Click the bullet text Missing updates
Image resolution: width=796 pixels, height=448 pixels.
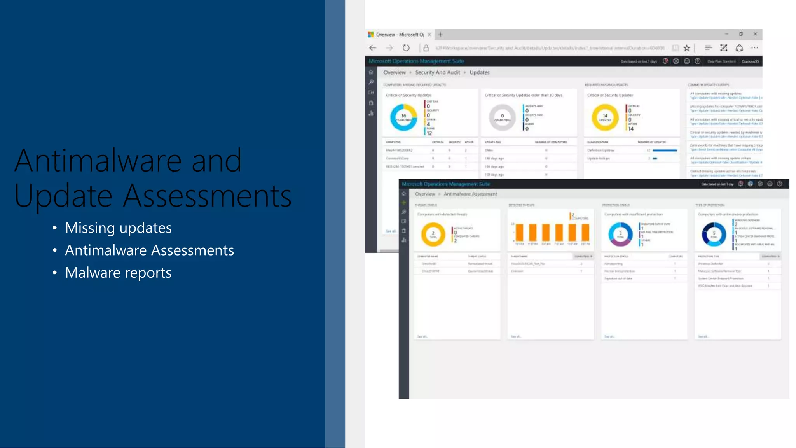tap(118, 228)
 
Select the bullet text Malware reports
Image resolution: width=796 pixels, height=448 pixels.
tap(118, 273)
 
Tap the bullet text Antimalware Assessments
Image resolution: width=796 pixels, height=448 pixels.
tap(149, 250)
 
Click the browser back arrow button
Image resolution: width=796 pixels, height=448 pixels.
tap(373, 48)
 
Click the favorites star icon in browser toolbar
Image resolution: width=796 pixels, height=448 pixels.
tap(687, 48)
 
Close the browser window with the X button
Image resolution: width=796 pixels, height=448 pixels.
tap(755, 34)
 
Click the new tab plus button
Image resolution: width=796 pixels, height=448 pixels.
tap(440, 35)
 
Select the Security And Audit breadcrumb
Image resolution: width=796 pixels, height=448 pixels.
tap(437, 73)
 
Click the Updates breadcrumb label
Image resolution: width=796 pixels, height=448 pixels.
tap(479, 73)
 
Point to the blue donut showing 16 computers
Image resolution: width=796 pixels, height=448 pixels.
tap(403, 117)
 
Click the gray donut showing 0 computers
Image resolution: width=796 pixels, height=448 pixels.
tap(502, 117)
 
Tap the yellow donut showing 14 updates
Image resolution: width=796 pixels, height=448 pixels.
tap(605, 117)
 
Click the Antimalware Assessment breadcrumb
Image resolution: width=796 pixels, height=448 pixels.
tap(470, 194)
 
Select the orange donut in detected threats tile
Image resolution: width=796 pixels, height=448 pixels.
tap(433, 234)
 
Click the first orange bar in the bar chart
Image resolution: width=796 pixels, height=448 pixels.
tap(520, 233)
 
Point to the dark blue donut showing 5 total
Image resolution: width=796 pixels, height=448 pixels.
tap(714, 234)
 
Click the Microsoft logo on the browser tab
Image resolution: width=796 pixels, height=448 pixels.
tap(371, 35)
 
